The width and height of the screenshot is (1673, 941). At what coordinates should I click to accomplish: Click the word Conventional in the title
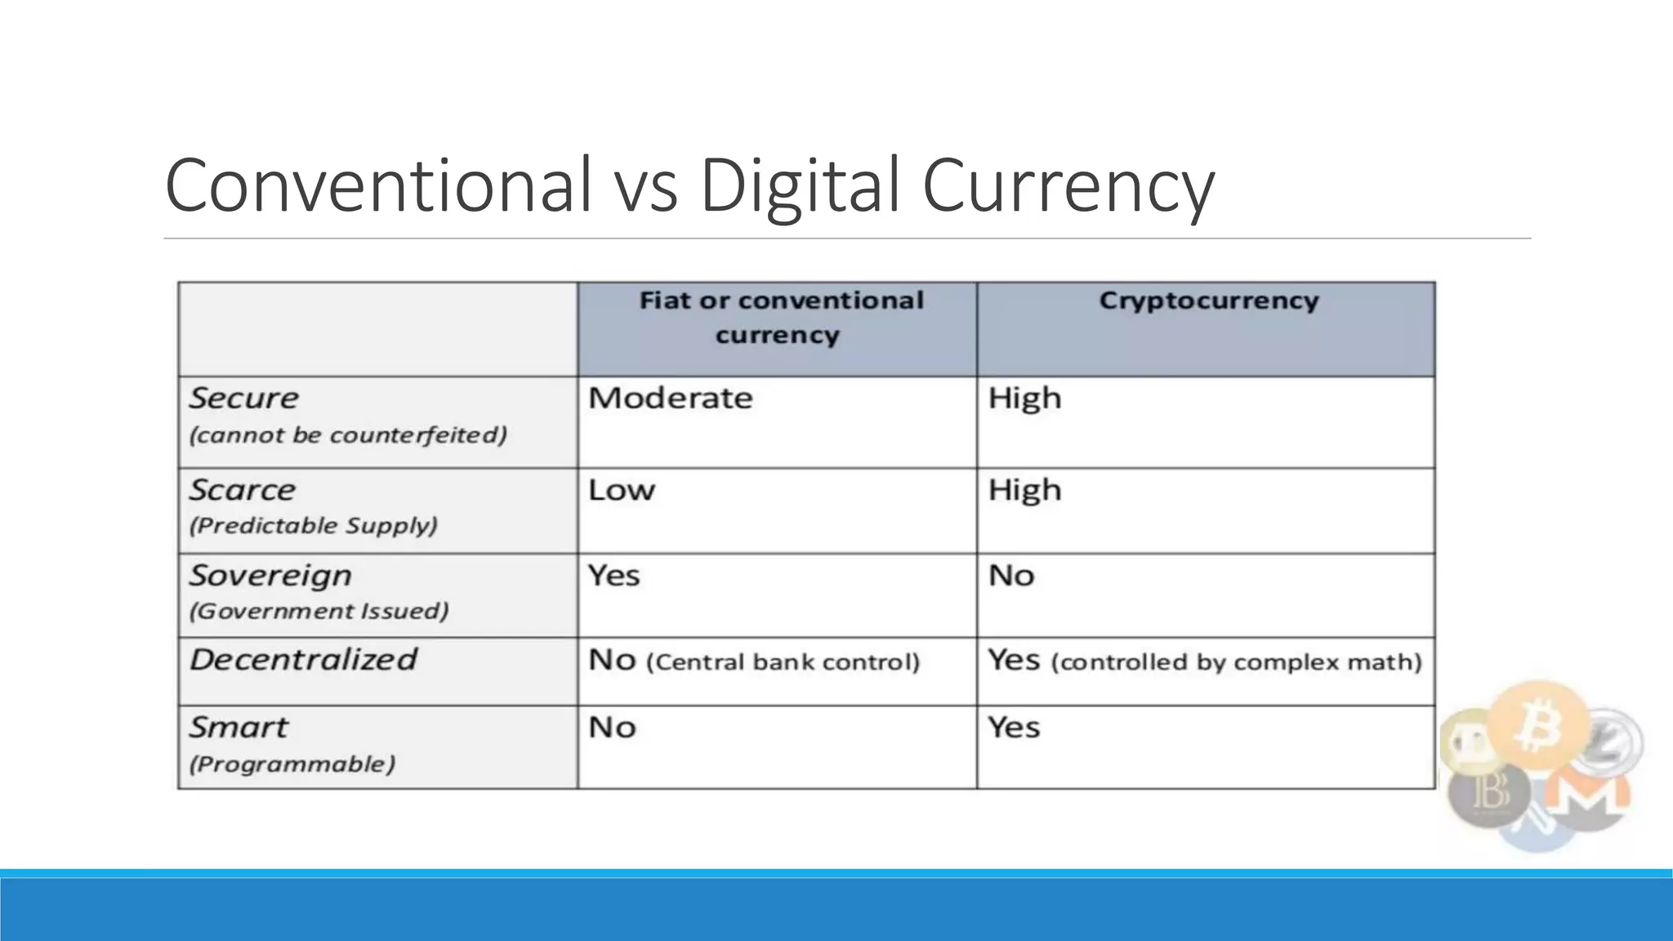coord(377,185)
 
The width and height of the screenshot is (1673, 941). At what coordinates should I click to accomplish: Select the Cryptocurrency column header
coord(1208,301)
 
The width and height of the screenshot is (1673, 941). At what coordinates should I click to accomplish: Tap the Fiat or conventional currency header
coord(780,318)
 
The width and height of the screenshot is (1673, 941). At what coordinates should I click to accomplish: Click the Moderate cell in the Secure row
coord(670,399)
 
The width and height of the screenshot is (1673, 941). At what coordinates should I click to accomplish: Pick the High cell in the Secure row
coord(1024,399)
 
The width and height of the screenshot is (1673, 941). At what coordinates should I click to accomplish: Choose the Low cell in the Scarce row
coord(622,490)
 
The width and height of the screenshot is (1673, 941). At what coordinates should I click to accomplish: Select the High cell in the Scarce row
coord(1024,490)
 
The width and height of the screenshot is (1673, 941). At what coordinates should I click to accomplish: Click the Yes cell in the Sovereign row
coord(613,576)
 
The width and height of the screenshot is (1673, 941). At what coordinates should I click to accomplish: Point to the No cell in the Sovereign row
coord(1011,576)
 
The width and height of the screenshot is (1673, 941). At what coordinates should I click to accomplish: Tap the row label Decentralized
coord(303,659)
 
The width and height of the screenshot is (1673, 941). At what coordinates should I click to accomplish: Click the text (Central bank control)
coord(783,662)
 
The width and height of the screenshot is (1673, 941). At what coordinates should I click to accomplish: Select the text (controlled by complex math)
coord(1236,662)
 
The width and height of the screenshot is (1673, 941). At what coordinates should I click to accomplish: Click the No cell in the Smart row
coord(612,728)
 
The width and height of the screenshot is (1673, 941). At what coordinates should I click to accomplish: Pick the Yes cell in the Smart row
coord(1013,728)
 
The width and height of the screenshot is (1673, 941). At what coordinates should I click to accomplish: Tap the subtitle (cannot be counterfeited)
coord(348,435)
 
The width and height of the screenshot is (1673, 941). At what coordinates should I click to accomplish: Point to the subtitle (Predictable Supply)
coord(314,525)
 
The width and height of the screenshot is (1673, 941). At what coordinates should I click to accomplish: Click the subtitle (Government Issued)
coord(319,611)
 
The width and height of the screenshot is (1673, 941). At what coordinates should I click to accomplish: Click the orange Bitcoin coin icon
coord(1537,724)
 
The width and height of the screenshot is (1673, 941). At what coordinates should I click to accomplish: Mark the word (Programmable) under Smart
coord(292,765)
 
